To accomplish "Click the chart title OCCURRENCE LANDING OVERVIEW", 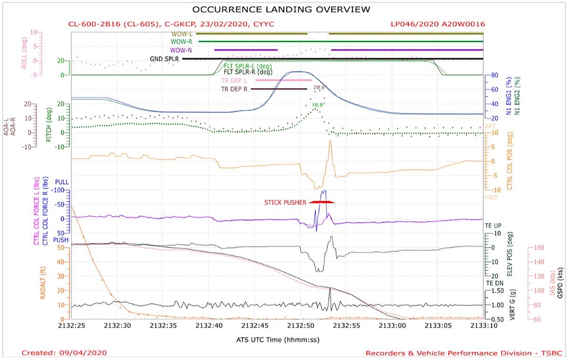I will [281, 9].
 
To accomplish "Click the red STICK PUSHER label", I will [285, 202].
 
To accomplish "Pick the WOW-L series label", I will [183, 34].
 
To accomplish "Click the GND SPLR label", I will [164, 59].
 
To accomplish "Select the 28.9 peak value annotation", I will [319, 88].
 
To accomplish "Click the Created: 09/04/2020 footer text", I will [64, 353].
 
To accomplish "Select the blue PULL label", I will [61, 182].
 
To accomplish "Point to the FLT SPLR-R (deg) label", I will [248, 72].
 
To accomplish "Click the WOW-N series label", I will [181, 50].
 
